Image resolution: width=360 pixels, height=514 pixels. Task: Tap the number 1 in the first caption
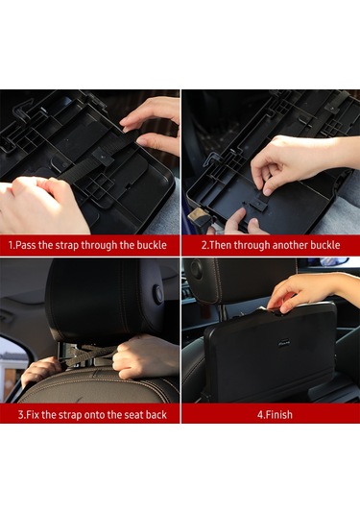point(11,245)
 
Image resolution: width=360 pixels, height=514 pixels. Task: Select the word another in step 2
point(290,245)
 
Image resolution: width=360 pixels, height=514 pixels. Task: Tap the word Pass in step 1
point(26,245)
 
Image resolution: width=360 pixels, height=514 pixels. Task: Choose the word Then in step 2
point(220,245)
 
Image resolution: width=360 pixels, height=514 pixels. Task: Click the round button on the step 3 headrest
point(158,293)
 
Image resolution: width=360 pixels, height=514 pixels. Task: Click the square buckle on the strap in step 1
point(103,157)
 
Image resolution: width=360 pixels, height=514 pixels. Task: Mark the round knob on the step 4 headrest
point(196,268)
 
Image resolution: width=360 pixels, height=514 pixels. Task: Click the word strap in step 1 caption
point(65,246)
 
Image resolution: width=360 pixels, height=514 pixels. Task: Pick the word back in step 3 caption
point(156,415)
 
